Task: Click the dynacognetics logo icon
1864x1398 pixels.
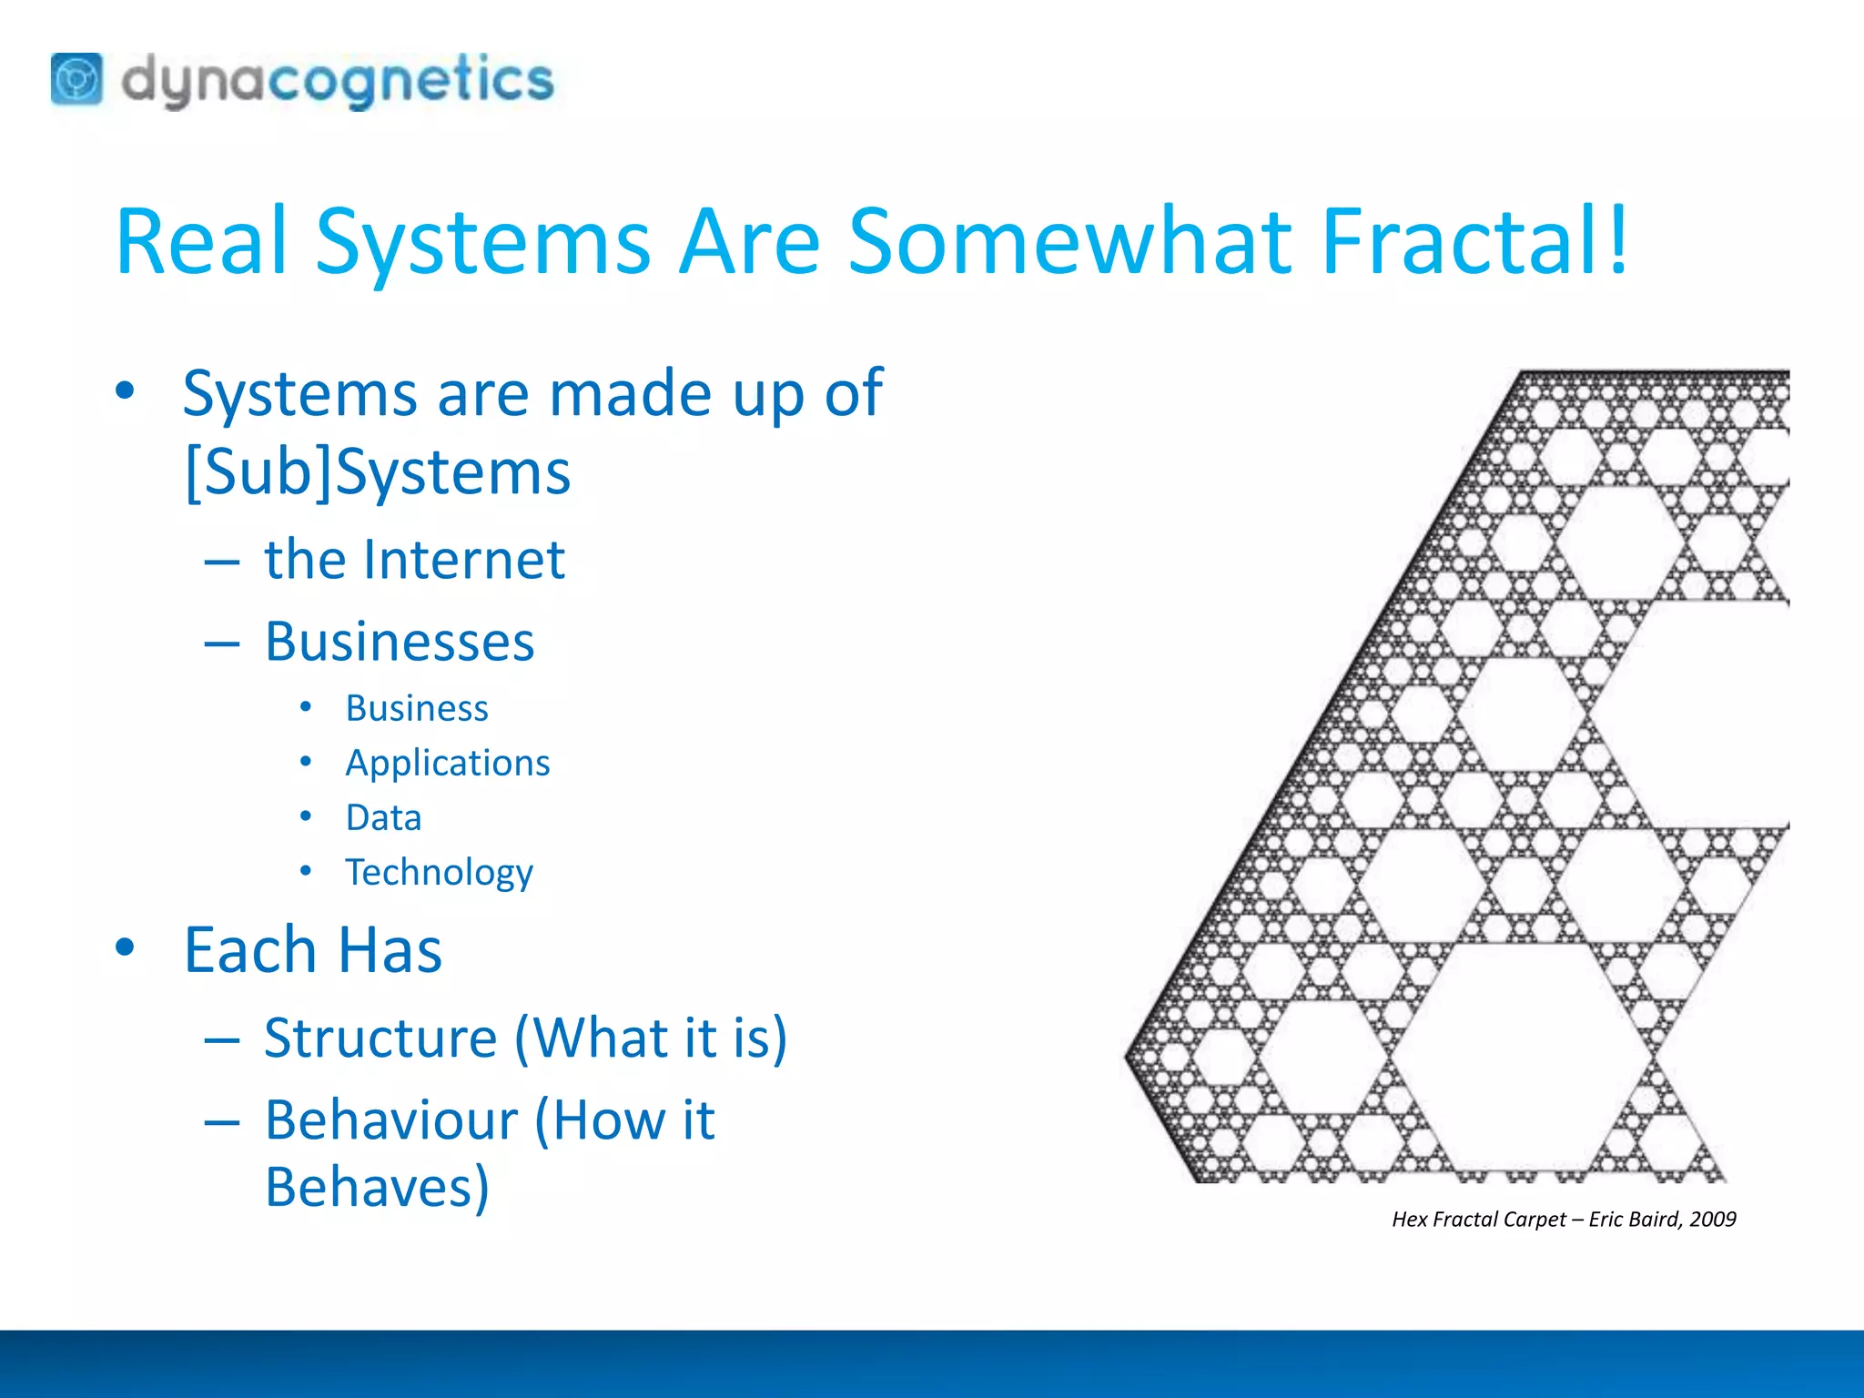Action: [76, 79]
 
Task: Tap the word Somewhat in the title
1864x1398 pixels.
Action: [1069, 241]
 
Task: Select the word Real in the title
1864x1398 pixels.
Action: [202, 241]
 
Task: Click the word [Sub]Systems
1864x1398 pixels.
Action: [377, 472]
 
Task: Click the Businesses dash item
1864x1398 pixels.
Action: [399, 642]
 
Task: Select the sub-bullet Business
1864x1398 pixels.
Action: [417, 708]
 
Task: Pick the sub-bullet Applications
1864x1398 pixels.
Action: [447, 763]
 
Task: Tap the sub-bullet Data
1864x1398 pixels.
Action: [383, 817]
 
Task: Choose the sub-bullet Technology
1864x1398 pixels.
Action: [439, 872]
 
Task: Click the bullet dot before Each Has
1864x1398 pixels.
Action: [125, 947]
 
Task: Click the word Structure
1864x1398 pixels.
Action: [380, 1038]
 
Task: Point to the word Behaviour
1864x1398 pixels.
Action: [391, 1119]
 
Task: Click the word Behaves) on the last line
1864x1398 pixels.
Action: [377, 1187]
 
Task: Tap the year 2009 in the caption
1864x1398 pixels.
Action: [1712, 1220]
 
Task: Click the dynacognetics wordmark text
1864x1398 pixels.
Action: [337, 80]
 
